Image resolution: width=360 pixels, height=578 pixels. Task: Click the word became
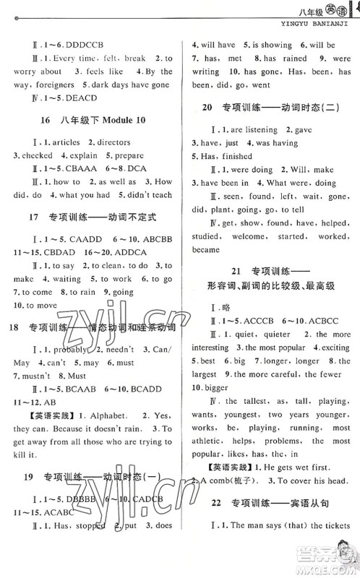pyautogui.click(x=206, y=249)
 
